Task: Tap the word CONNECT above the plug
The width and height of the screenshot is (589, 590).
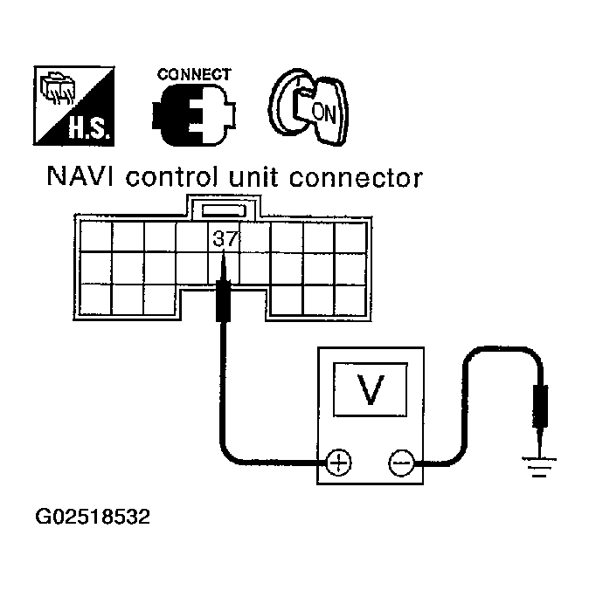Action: [x=194, y=75]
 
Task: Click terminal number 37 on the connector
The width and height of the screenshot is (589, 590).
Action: [x=225, y=236]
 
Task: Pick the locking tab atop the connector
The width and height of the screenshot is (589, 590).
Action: [x=224, y=209]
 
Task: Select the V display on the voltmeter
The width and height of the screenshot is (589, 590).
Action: [x=370, y=390]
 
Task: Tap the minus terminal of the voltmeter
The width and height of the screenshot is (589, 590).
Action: [x=400, y=462]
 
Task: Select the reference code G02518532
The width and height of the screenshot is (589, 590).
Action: [x=93, y=518]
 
